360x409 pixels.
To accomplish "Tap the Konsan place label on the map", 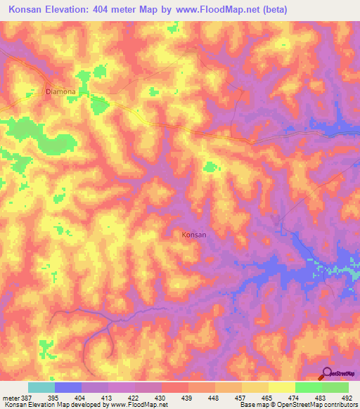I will point(194,235).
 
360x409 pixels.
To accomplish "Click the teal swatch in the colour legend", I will point(41,387).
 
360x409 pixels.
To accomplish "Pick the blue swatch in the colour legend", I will point(68,387).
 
